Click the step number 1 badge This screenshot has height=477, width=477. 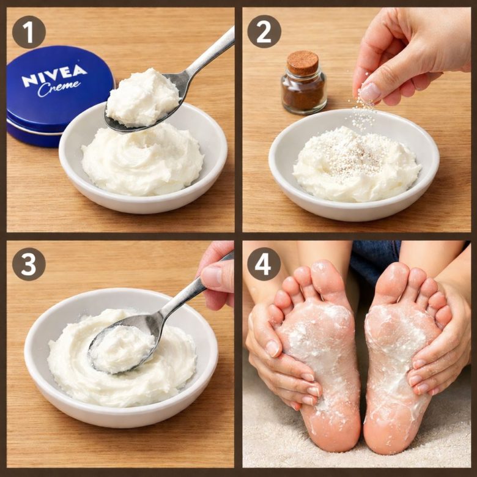tap(29, 32)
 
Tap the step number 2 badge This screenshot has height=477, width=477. tap(264, 32)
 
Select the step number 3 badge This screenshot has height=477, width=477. tap(29, 264)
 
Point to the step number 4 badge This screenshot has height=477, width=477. tap(264, 264)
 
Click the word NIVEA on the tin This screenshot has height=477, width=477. tap(54, 75)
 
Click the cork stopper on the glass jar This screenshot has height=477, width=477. tap(303, 63)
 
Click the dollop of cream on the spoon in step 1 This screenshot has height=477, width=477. tap(142, 97)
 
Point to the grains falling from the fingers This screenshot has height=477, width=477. tap(363, 114)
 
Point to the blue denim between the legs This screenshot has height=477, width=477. tap(375, 259)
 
